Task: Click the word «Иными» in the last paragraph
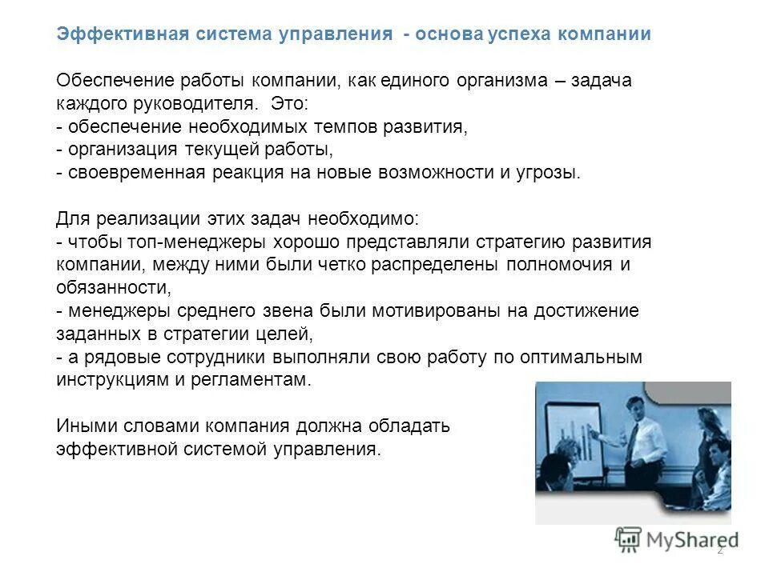pyautogui.click(x=85, y=426)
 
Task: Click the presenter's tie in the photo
pyautogui.click(x=634, y=438)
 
